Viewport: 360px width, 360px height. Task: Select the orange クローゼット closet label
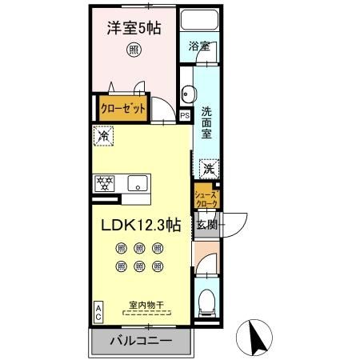coord(123,108)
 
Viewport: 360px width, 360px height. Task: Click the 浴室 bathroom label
coord(199,46)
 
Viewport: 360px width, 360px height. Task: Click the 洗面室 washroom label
coord(206,122)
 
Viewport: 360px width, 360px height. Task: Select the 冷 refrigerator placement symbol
coord(103,137)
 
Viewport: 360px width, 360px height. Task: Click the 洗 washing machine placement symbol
coord(207,169)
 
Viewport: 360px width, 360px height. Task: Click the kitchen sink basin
coord(138,182)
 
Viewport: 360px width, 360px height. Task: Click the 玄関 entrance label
coord(207,225)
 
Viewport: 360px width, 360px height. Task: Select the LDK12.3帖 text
coord(140,226)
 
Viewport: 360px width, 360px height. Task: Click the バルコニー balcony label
coord(140,341)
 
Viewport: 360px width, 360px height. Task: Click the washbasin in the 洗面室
coord(185,90)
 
